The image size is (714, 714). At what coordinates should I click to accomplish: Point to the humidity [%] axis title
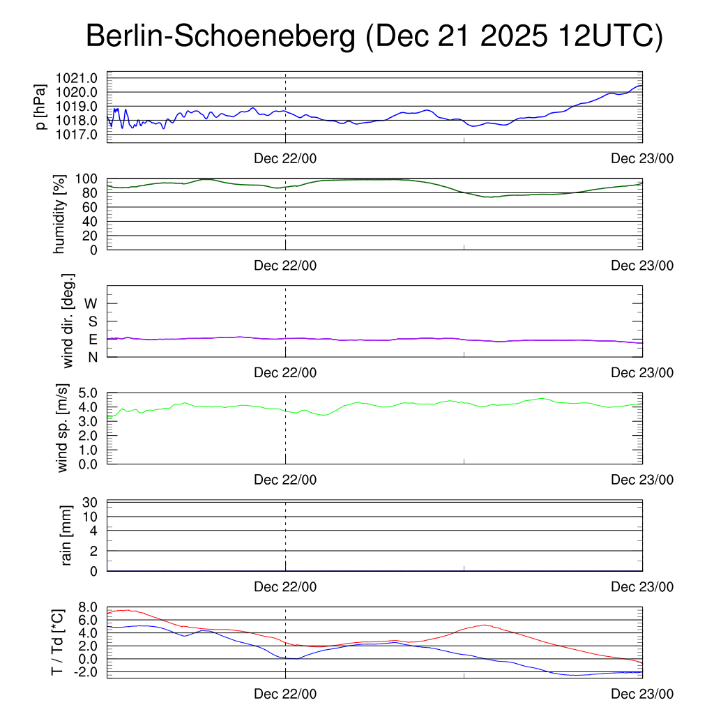pyautogui.click(x=59, y=213)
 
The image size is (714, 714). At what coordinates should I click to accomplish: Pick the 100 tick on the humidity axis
pyautogui.click(x=91, y=178)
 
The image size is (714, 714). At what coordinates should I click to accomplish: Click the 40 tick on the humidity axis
pyautogui.click(x=94, y=221)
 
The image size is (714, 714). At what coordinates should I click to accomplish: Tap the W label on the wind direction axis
pyautogui.click(x=91, y=303)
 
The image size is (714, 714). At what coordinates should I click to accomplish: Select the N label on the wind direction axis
pyautogui.click(x=93, y=356)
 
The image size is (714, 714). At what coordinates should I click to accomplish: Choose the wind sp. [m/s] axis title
pyautogui.click(x=64, y=428)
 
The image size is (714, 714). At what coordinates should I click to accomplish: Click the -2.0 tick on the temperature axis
pyautogui.click(x=91, y=671)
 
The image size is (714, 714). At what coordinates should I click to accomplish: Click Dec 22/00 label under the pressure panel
pyautogui.click(x=285, y=159)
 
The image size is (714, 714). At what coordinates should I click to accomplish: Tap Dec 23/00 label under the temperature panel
pyautogui.click(x=642, y=694)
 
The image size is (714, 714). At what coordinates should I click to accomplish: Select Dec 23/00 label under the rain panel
pyautogui.click(x=642, y=587)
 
